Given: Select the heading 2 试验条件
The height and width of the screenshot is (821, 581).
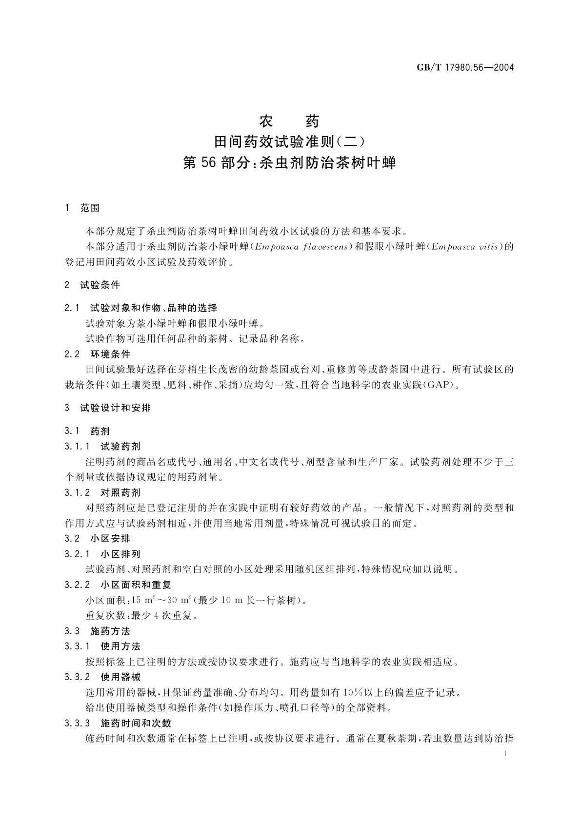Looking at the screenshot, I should click(x=92, y=285).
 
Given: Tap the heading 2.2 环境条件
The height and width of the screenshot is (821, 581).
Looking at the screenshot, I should click(x=98, y=354).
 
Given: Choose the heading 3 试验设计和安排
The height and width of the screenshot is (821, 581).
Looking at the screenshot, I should click(x=108, y=408).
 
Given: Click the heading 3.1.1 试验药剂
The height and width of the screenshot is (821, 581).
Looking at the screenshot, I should click(x=102, y=446).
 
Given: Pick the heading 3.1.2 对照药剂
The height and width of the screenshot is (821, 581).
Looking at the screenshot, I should click(x=102, y=492).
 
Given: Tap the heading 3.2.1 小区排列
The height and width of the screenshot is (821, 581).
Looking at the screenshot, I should click(x=102, y=554).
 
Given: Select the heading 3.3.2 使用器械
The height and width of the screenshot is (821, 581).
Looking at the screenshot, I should click(x=102, y=677).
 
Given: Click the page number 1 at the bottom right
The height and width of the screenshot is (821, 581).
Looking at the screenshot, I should click(x=505, y=754).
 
